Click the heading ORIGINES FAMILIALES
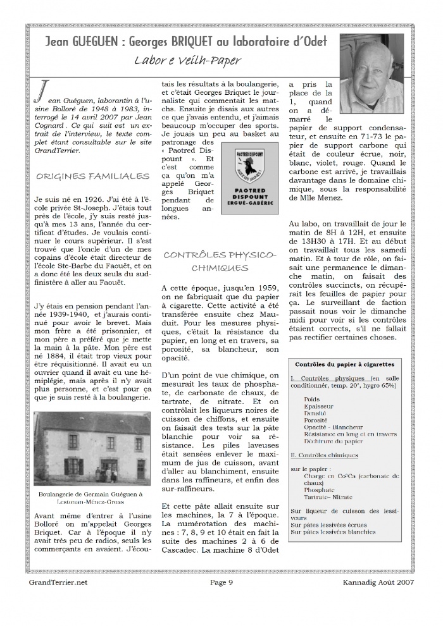(92, 175)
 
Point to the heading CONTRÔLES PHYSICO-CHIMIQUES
(220, 261)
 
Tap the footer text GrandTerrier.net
(58, 582)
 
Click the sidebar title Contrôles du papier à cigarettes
(345, 364)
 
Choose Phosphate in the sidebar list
(318, 489)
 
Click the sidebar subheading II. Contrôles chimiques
(323, 454)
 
